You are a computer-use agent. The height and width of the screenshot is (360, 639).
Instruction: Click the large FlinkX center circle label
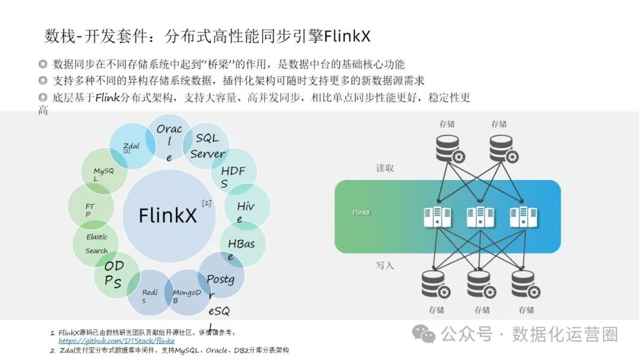pos(168,216)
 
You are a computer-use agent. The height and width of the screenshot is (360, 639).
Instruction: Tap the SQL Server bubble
pos(206,146)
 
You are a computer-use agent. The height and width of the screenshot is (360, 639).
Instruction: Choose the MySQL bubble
pos(104,171)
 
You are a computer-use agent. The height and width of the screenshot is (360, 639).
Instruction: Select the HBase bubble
pos(243,244)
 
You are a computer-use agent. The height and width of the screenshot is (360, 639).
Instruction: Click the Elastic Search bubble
pos(96,244)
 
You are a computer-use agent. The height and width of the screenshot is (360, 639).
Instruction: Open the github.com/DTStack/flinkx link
pos(117,341)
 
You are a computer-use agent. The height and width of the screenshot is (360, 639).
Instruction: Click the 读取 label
pos(385,168)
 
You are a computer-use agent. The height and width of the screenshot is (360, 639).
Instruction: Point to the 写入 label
pos(385,266)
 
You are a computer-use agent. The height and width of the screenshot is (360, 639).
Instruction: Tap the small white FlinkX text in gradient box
pos(362,213)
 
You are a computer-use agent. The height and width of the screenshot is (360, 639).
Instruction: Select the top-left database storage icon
pos(450,149)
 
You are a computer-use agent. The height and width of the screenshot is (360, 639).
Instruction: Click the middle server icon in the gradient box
pos(480,217)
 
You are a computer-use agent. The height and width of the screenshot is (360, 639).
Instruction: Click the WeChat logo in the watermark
pos(424,334)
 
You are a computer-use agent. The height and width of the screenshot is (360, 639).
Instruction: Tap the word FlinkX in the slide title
pos(347,36)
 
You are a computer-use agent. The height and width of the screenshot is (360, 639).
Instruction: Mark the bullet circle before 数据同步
pos(43,64)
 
